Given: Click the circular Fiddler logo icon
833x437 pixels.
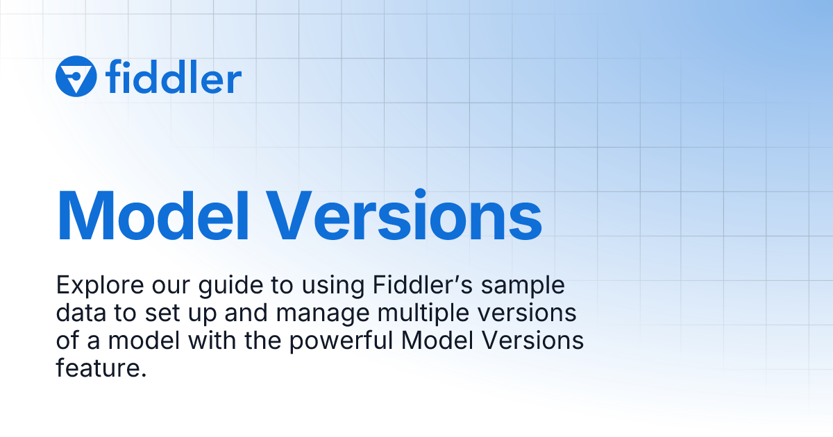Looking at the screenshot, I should click(76, 76).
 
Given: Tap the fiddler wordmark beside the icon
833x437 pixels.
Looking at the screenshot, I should click(174, 77).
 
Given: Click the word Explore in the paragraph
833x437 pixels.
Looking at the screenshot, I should click(95, 285).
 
